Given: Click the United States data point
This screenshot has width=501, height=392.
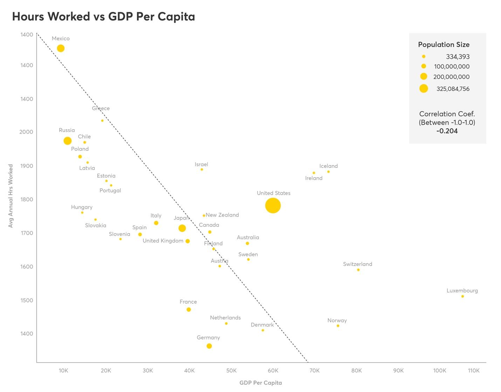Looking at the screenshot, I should pyautogui.click(x=273, y=206).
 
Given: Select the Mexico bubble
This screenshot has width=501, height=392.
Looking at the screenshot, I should pyautogui.click(x=61, y=48).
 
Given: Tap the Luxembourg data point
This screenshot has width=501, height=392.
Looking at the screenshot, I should pyautogui.click(x=462, y=296).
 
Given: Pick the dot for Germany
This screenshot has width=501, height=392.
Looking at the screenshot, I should pyautogui.click(x=209, y=346).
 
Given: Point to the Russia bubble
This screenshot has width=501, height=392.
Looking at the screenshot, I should pyautogui.click(x=68, y=141).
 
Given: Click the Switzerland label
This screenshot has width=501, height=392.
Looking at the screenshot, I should pyautogui.click(x=357, y=264).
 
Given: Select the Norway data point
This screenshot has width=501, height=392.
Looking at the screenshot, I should pyautogui.click(x=338, y=326).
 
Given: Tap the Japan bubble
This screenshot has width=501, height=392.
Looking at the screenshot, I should pyautogui.click(x=182, y=228).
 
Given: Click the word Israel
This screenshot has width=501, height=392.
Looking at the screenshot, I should pyautogui.click(x=201, y=164).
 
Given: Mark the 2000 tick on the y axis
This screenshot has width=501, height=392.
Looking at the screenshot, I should pyautogui.click(x=26, y=132).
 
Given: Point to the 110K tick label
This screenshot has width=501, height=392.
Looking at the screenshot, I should pyautogui.click(x=474, y=371).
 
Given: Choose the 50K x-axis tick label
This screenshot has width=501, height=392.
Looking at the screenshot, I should pyautogui.click(x=231, y=371).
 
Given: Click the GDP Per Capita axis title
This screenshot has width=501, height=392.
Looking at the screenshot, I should pyautogui.click(x=261, y=383).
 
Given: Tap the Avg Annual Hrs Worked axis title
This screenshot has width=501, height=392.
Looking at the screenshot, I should pyautogui.click(x=11, y=196).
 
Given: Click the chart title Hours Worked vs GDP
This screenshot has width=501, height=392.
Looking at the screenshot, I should pyautogui.click(x=103, y=16).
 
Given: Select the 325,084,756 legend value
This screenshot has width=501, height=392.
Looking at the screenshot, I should pyautogui.click(x=453, y=89).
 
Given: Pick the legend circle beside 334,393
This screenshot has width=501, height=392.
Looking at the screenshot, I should pyautogui.click(x=424, y=56).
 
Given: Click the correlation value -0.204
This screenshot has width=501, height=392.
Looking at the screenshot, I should pyautogui.click(x=447, y=131).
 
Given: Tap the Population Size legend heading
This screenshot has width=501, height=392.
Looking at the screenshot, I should pyautogui.click(x=444, y=44).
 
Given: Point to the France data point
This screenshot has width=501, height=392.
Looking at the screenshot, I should pyautogui.click(x=189, y=310).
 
